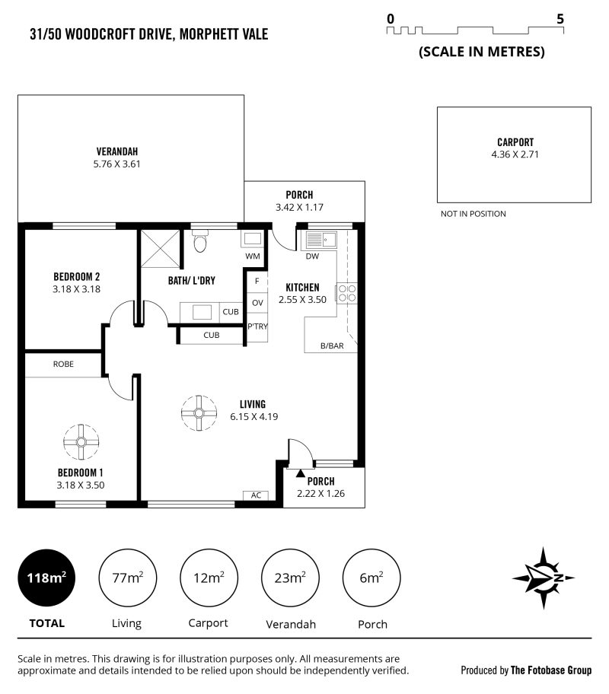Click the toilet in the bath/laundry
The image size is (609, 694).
(x=200, y=240)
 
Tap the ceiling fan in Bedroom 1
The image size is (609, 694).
(x=81, y=441)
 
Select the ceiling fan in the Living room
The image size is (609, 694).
(x=199, y=413)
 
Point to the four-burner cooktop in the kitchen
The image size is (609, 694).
(x=347, y=293)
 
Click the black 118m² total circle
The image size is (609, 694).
(x=46, y=578)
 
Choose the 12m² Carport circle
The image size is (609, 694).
(x=209, y=578)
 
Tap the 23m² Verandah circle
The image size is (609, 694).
(x=290, y=578)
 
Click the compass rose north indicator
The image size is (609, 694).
(x=544, y=578)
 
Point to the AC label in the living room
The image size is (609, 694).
(x=256, y=495)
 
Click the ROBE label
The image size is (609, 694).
(x=63, y=365)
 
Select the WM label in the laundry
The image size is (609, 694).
(x=253, y=256)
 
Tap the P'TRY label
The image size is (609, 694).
(x=257, y=326)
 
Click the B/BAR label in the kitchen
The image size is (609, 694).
(x=332, y=346)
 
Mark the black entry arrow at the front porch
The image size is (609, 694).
(x=300, y=473)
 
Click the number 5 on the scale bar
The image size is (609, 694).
(x=560, y=19)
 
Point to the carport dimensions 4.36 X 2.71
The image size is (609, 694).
(x=515, y=154)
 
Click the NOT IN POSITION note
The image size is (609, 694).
(x=473, y=214)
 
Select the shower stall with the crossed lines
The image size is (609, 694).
(x=161, y=248)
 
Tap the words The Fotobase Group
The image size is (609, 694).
(x=551, y=670)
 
